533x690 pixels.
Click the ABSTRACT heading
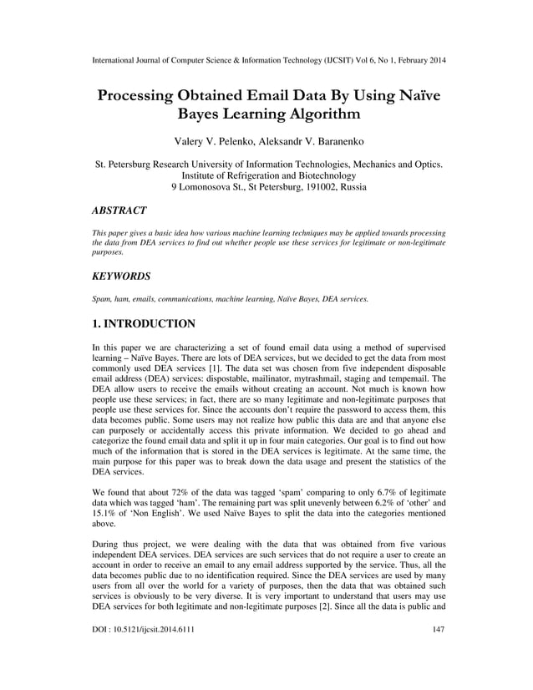119,211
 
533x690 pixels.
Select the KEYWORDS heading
121,274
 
